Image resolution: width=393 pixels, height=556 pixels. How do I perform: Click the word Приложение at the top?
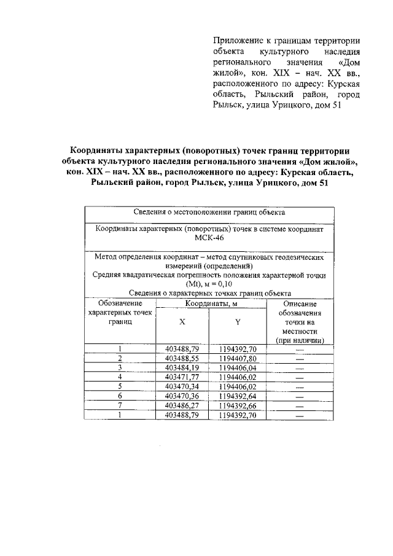(x=236, y=41)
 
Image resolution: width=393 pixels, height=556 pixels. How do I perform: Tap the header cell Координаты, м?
(x=212, y=303)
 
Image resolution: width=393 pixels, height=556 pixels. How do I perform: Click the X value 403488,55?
(x=182, y=358)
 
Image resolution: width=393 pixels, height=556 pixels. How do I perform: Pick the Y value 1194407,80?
(x=238, y=358)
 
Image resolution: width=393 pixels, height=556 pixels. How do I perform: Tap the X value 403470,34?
(x=182, y=386)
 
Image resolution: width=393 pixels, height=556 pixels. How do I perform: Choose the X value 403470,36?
(x=182, y=396)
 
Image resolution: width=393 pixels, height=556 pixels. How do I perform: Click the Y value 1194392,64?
(x=238, y=396)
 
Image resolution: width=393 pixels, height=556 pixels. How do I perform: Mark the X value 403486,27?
(x=182, y=405)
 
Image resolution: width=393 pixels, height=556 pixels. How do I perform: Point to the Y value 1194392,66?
(x=238, y=405)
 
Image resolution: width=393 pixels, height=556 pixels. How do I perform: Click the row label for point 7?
(x=121, y=405)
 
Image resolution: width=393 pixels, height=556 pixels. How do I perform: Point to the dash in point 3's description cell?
(x=299, y=368)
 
